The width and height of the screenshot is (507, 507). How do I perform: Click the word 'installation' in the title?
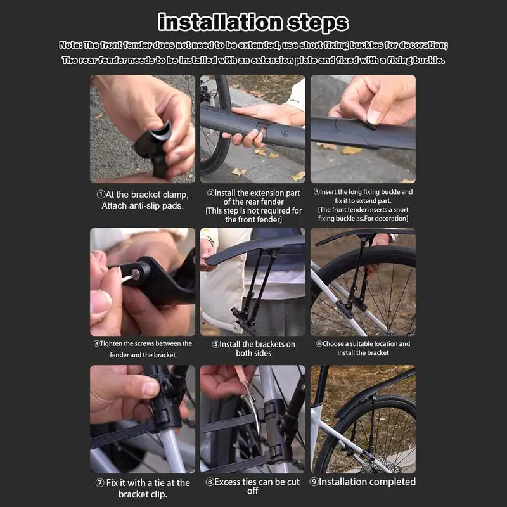[x=220, y=22]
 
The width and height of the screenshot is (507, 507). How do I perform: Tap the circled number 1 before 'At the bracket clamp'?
[x=101, y=195]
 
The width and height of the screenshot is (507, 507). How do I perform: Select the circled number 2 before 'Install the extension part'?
[x=210, y=193]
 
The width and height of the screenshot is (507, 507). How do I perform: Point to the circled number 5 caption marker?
[x=215, y=344]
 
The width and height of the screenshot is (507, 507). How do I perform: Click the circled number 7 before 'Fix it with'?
[x=99, y=483]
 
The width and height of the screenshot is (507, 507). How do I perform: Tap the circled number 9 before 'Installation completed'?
[x=314, y=482]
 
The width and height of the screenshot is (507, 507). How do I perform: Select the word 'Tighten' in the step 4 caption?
[x=111, y=343]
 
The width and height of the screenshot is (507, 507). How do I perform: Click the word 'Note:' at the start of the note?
[x=70, y=45]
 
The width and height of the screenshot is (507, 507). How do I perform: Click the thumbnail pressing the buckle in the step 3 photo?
[x=375, y=117]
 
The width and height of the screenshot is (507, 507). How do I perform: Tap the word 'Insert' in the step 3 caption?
[x=328, y=192]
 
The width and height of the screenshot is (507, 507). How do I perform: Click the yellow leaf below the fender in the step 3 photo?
[x=352, y=150]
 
